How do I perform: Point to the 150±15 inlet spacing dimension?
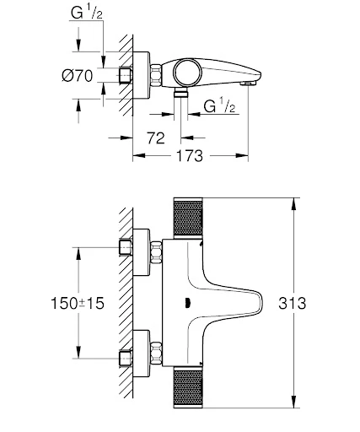click(40, 303)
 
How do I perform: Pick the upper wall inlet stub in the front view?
click(126, 248)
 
